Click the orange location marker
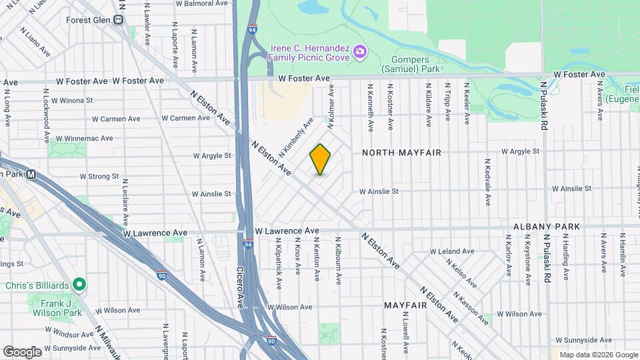point(320,159)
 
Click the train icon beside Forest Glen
point(119,20)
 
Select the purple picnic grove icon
point(360,51)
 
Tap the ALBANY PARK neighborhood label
point(547,227)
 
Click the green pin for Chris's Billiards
point(79,285)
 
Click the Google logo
point(22,351)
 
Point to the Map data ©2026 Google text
point(599,355)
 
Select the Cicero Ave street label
point(240,287)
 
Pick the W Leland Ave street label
point(451,251)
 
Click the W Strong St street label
point(99,177)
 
